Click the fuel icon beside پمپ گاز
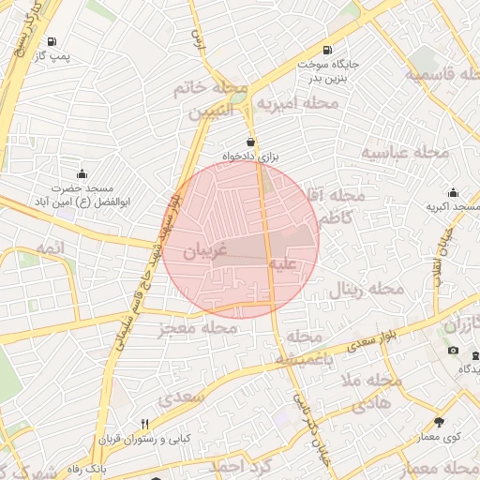tap(50, 42)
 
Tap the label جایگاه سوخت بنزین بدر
tap(325, 74)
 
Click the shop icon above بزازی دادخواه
tap(250, 142)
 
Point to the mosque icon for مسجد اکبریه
tap(454, 192)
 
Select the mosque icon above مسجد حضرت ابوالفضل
tap(82, 173)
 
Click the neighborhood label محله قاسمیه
tap(444, 74)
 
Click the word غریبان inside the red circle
tap(205, 252)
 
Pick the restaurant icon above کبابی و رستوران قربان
tap(144, 424)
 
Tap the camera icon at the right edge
tap(454, 351)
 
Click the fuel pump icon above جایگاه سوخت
tap(326, 50)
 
